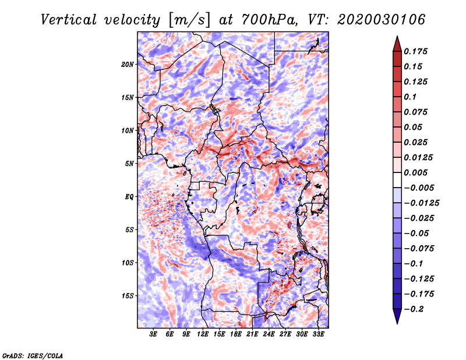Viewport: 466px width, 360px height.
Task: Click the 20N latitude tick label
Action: pyautogui.click(x=128, y=65)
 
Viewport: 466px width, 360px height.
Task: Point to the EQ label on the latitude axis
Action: pyautogui.click(x=129, y=197)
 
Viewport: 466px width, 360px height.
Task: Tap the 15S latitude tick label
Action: pyautogui.click(x=128, y=296)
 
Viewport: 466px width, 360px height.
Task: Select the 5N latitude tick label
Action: pyautogui.click(x=129, y=164)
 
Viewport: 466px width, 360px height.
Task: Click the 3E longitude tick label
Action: pyautogui.click(x=153, y=334)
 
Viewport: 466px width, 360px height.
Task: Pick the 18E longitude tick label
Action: pyautogui.click(x=236, y=334)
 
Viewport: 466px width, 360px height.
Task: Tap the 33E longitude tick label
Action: pyautogui.click(x=318, y=334)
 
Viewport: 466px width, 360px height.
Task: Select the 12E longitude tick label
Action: pyautogui.click(x=203, y=334)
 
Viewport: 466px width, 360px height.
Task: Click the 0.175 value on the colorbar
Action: pyautogui.click(x=415, y=51)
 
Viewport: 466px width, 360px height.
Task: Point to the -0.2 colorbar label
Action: pyautogui.click(x=414, y=309)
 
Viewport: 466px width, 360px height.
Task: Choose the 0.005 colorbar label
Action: pyautogui.click(x=415, y=172)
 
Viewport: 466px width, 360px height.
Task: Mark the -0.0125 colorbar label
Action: pyautogui.click(x=421, y=203)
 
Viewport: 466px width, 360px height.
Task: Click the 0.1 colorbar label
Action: pyautogui.click(x=410, y=97)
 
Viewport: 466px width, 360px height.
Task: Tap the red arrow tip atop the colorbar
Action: pyautogui.click(x=397, y=37)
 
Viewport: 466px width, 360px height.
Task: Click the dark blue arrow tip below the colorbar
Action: pyautogui.click(x=397, y=323)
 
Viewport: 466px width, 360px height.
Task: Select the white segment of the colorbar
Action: pyautogui.click(x=397, y=180)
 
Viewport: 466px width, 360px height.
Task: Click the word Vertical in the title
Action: pyautogui.click(x=69, y=20)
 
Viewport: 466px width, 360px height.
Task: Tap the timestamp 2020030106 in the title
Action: pyautogui.click(x=381, y=20)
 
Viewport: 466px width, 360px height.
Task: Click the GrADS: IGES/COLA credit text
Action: pyautogui.click(x=33, y=355)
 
